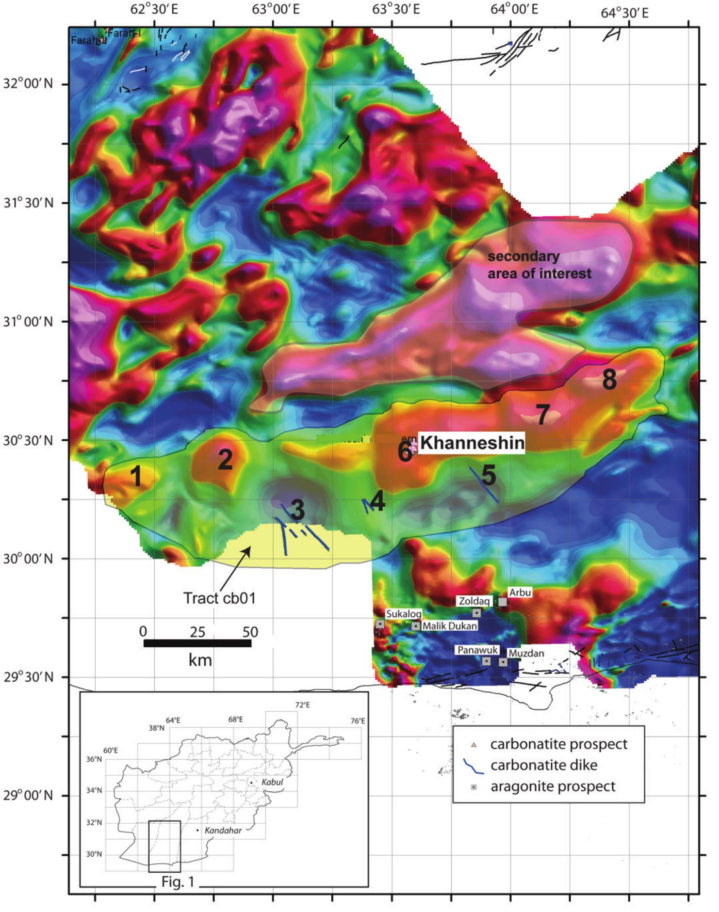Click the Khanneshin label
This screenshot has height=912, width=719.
(472, 443)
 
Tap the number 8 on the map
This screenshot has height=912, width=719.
(609, 380)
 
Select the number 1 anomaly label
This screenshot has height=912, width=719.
(137, 476)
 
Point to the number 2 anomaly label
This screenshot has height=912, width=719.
(225, 459)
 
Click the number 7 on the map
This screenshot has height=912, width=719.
(542, 415)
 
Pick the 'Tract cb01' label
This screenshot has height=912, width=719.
(219, 598)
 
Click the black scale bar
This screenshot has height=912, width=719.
(197, 643)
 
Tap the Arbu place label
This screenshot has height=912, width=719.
(520, 592)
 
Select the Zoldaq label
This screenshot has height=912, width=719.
(474, 601)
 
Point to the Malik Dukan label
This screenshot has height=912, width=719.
(450, 626)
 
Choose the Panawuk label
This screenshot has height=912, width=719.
(477, 650)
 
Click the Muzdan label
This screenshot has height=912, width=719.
(526, 653)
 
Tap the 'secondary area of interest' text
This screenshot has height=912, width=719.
(539, 265)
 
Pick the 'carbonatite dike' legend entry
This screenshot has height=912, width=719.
(543, 765)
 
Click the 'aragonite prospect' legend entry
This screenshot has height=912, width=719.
(553, 786)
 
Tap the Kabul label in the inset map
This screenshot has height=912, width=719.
(272, 782)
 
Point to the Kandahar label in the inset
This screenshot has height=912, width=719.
(223, 830)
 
